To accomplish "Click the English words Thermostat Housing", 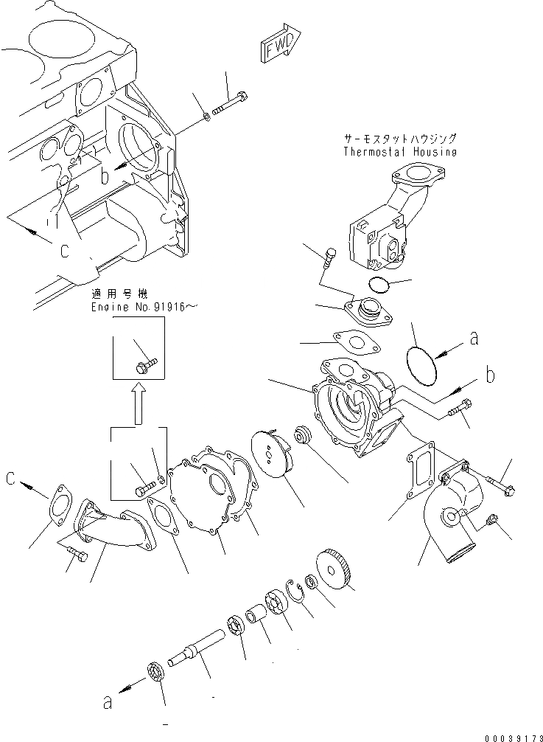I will (x=399, y=152).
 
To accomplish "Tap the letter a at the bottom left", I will (x=108, y=703).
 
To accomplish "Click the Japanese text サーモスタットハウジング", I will (x=399, y=138).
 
